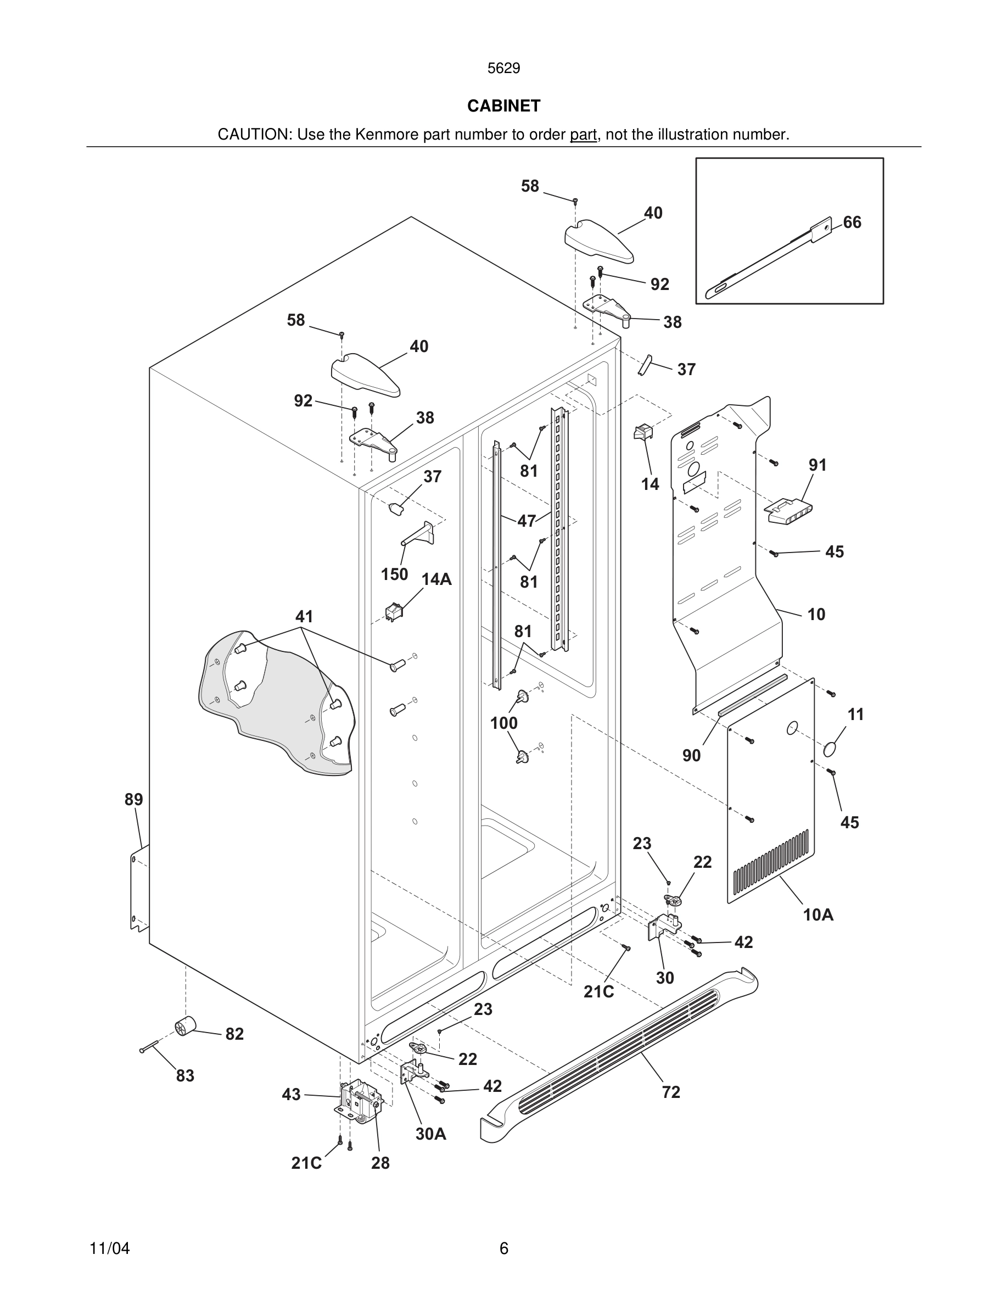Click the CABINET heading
[503, 106]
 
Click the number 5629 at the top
[503, 69]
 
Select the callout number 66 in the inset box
[852, 222]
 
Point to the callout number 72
[670, 1092]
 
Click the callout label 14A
[436, 579]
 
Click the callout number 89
[134, 800]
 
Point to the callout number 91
[817, 464]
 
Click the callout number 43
[291, 1094]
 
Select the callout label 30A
[430, 1134]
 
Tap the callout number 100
[503, 723]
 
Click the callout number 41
[304, 616]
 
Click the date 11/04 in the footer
[109, 1248]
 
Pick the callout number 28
[380, 1163]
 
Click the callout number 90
[691, 755]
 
